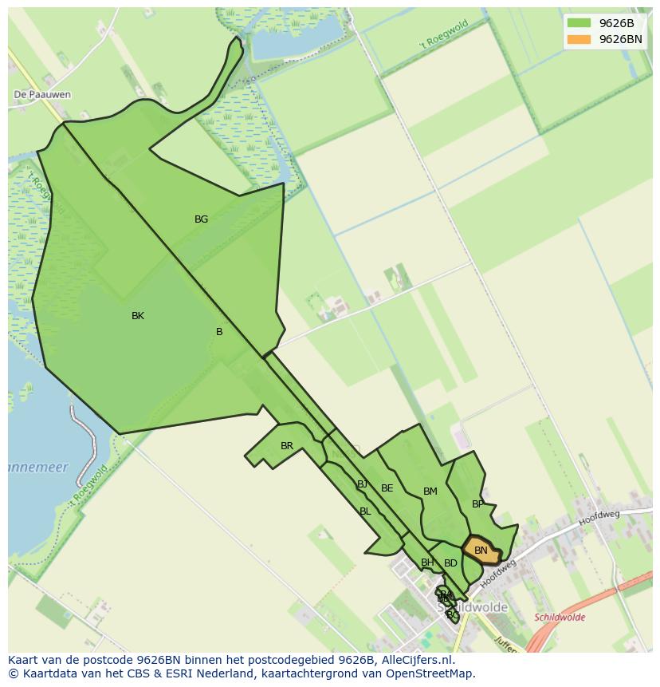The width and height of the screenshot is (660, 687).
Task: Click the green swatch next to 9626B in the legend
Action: point(579,23)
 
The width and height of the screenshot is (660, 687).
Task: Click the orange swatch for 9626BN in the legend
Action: point(579,39)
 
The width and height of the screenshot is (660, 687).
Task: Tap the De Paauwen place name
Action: point(42,94)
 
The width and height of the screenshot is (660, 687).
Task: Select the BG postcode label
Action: point(201,219)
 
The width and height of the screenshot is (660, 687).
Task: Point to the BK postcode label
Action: point(138,316)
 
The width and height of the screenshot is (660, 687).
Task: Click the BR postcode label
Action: point(287,446)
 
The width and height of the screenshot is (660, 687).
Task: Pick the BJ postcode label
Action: point(363,484)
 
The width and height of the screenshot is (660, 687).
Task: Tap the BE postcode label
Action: point(387,488)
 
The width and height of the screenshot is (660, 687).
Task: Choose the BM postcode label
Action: point(430,492)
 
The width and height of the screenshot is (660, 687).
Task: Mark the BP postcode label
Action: point(477,504)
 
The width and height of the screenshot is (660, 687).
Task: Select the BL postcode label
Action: point(365,511)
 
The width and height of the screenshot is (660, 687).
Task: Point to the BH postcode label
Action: point(427,563)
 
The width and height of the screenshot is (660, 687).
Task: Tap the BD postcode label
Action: point(450,563)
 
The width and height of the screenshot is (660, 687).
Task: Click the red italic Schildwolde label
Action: point(560,618)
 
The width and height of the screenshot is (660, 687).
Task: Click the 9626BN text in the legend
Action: point(620,39)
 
